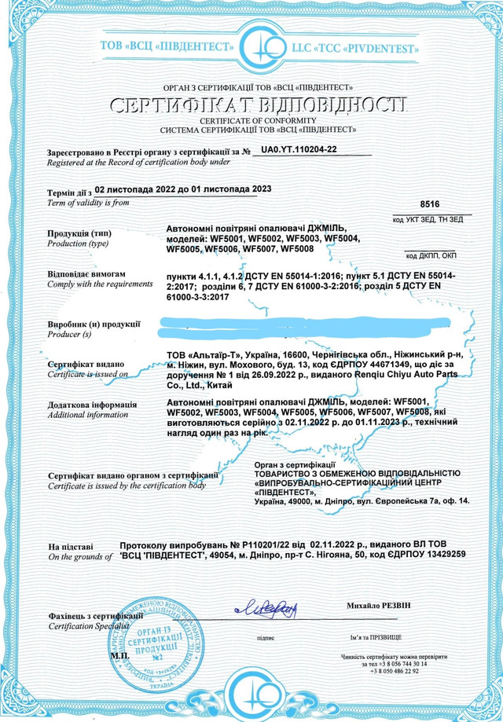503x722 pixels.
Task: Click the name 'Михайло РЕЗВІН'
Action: point(379,607)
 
